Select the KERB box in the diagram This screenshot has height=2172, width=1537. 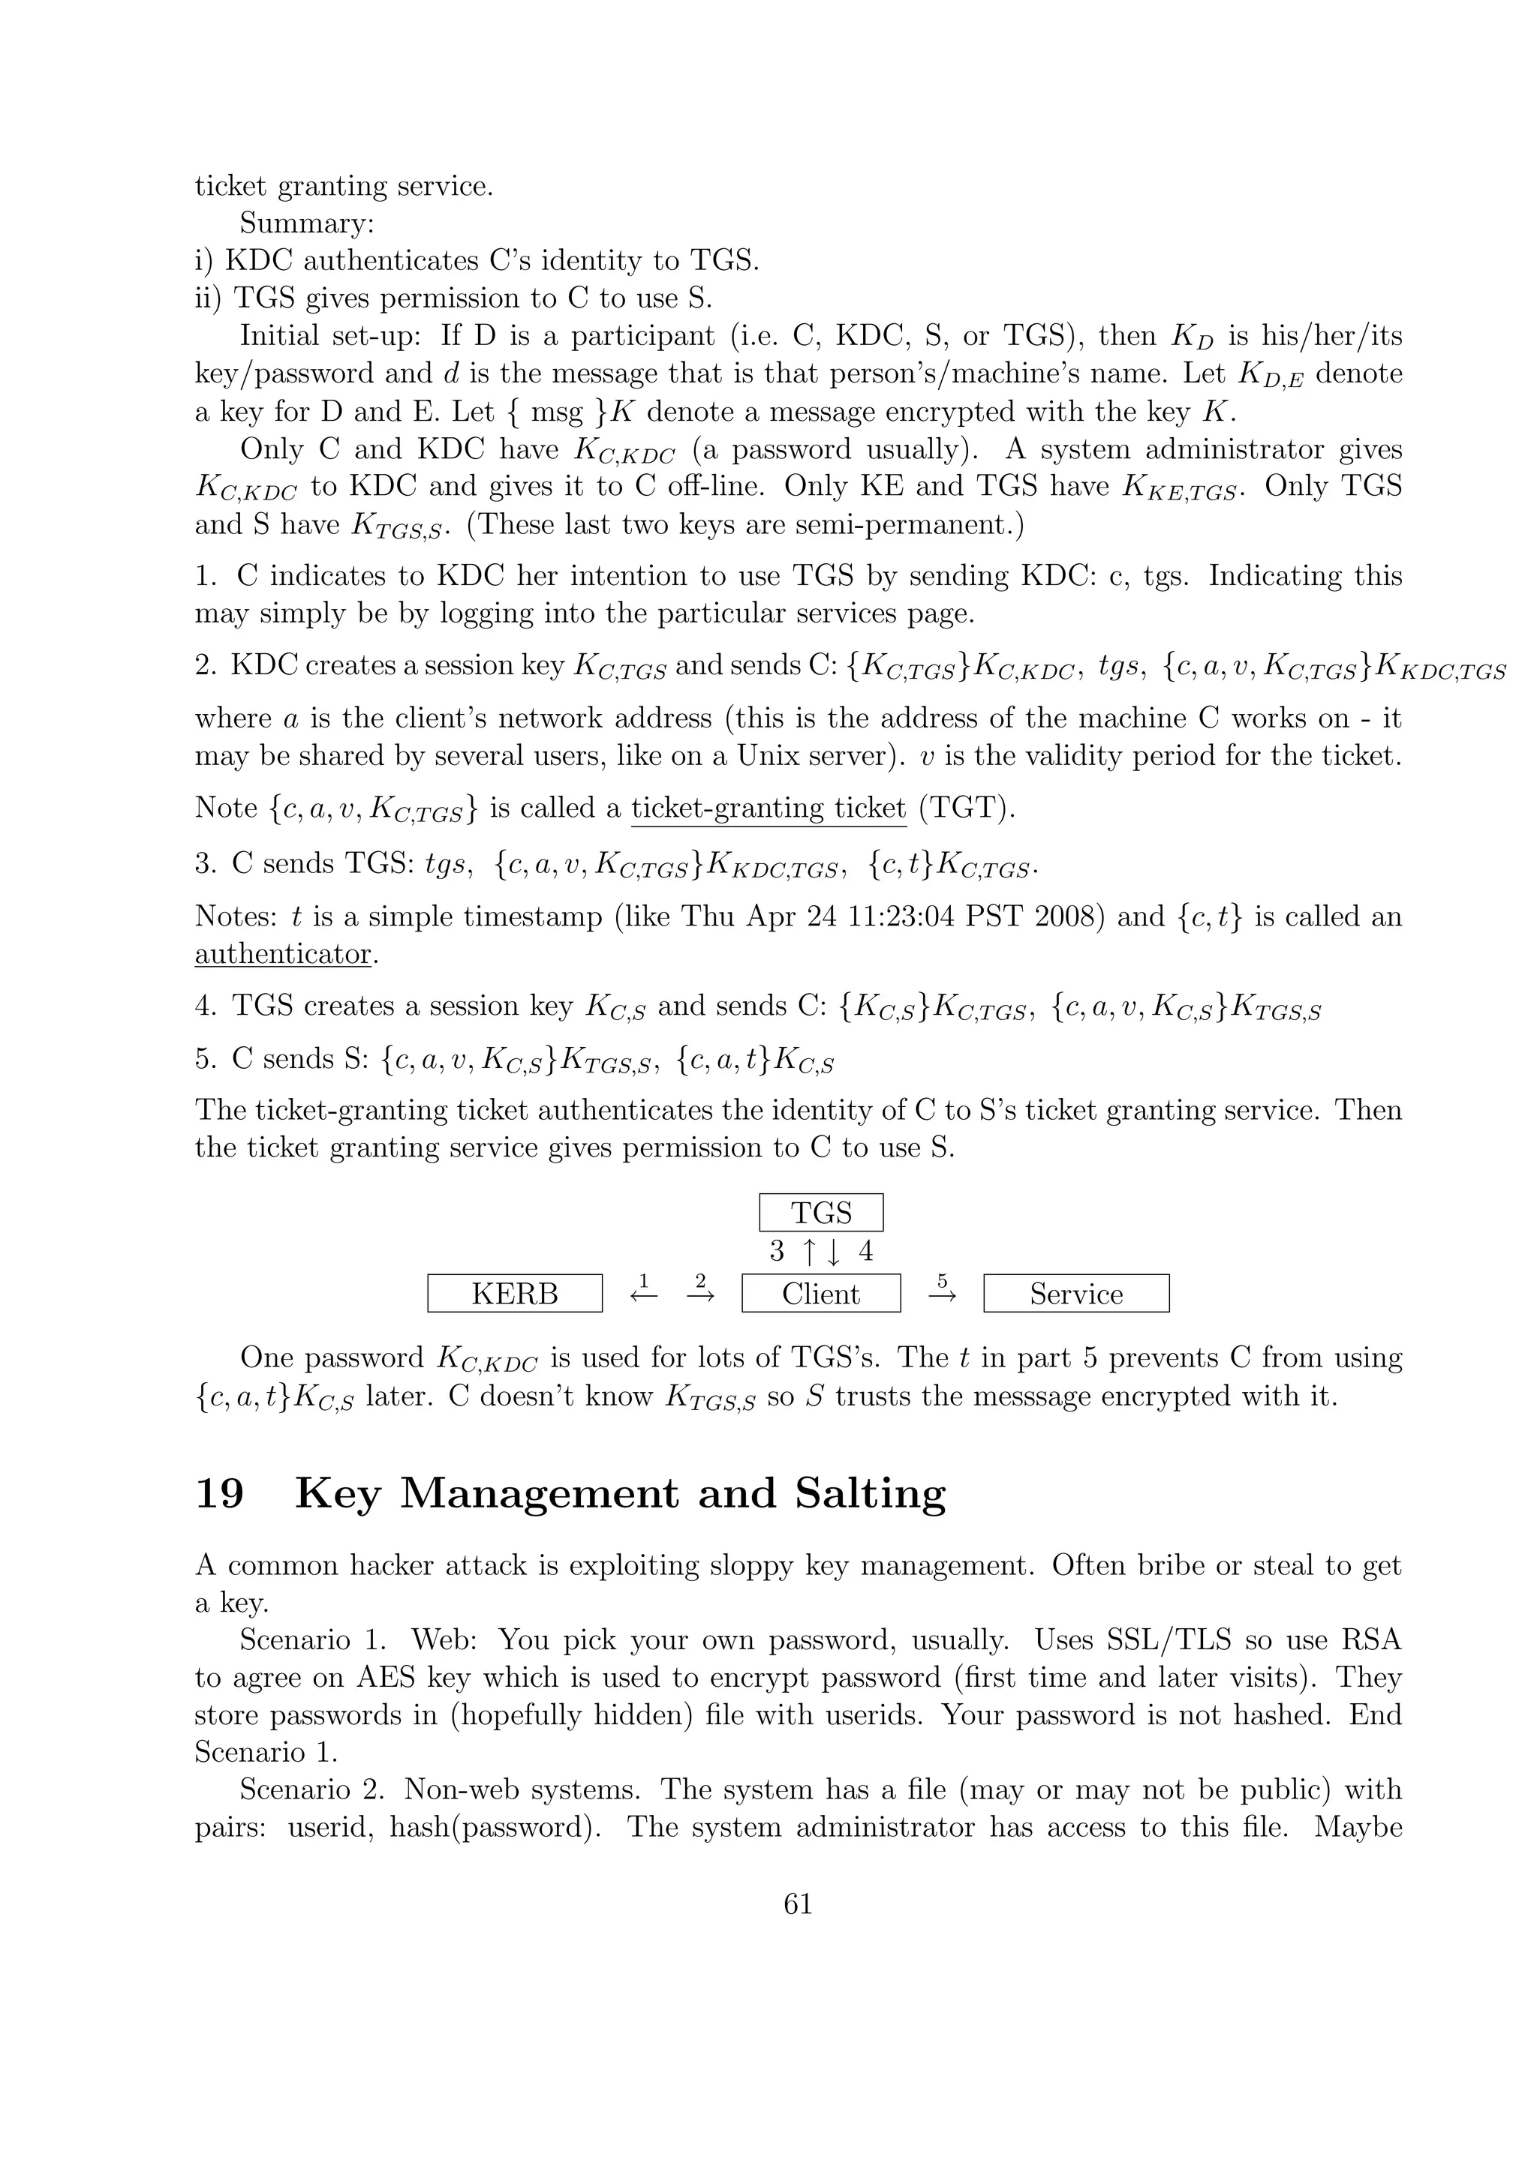[x=514, y=1293]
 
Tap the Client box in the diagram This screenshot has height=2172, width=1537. [x=820, y=1293]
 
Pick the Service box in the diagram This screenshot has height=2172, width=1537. [x=1076, y=1293]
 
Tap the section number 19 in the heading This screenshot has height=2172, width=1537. [x=220, y=1494]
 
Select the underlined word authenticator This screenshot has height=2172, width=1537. [x=282, y=953]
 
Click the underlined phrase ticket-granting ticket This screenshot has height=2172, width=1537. [x=768, y=808]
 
